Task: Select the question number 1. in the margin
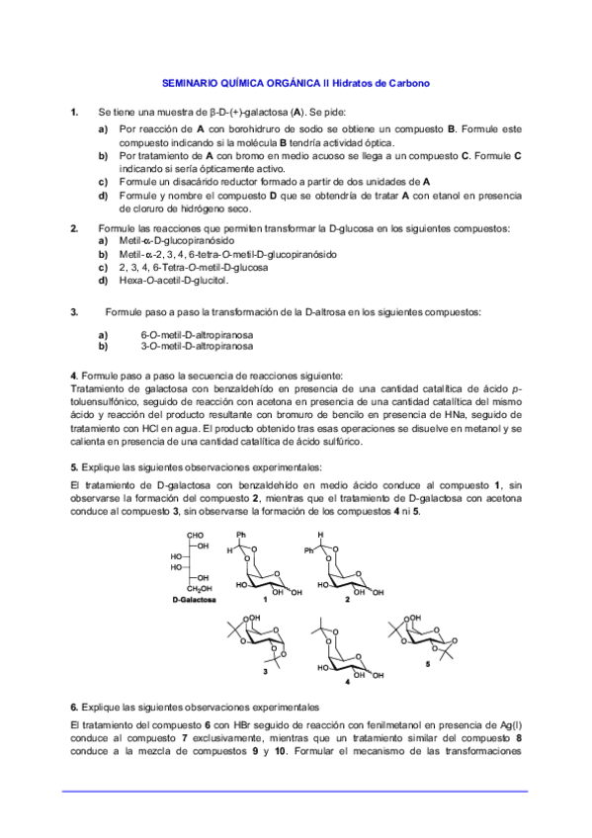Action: tap(75, 113)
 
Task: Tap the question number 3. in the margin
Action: tap(75, 312)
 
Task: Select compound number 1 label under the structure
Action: tap(265, 600)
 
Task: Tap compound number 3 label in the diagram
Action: tap(265, 671)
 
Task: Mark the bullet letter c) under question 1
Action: tap(103, 182)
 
